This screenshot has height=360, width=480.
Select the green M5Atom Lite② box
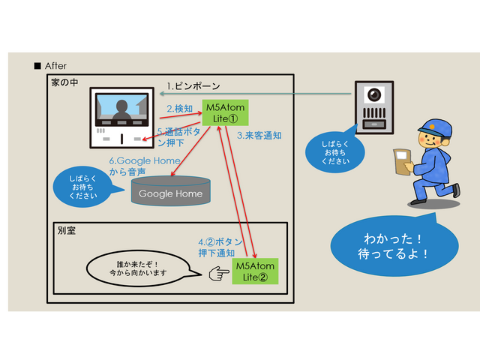pyautogui.click(x=255, y=271)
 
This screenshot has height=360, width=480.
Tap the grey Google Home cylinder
pyautogui.click(x=171, y=192)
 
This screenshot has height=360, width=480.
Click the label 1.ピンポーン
pyautogui.click(x=193, y=86)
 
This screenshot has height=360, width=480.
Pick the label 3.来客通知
pyautogui.click(x=259, y=136)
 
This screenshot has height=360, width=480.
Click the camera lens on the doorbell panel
pyautogui.click(x=373, y=95)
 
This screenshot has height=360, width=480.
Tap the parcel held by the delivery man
pyautogui.click(x=402, y=160)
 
